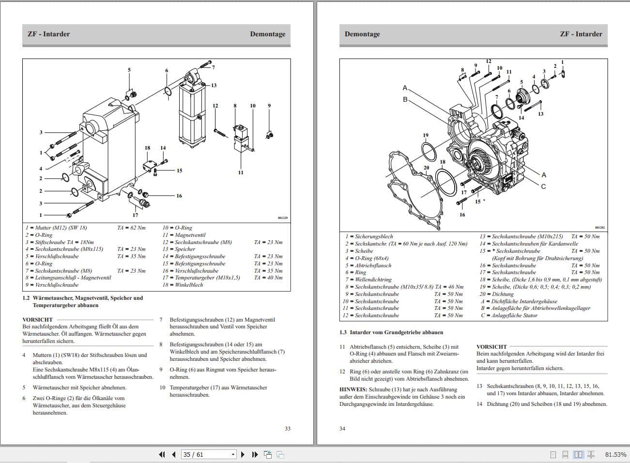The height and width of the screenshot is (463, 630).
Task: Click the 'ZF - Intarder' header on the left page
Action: pyautogui.click(x=48, y=34)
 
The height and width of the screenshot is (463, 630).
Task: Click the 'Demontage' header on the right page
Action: pyautogui.click(x=362, y=34)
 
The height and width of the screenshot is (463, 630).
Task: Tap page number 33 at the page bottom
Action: pyautogui.click(x=287, y=429)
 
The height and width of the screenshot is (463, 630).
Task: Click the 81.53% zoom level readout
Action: pyautogui.click(x=615, y=455)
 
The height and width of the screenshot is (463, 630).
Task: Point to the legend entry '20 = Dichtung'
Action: pyautogui.click(x=496, y=294)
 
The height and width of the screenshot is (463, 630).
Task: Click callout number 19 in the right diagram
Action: pyautogui.click(x=425, y=136)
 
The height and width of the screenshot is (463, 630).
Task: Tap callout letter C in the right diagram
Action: pyautogui.click(x=543, y=186)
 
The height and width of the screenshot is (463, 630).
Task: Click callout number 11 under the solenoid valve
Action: pyautogui.click(x=241, y=172)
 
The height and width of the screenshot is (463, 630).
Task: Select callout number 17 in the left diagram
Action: pyautogui.click(x=135, y=215)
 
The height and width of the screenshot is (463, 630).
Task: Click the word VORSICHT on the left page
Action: pyautogui.click(x=37, y=320)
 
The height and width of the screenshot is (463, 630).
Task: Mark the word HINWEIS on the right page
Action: pyautogui.click(x=353, y=389)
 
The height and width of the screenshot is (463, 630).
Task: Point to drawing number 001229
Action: pyautogui.click(x=282, y=218)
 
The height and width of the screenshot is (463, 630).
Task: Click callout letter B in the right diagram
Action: pyautogui.click(x=405, y=99)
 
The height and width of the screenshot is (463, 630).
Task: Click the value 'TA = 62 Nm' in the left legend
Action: pyautogui.click(x=131, y=228)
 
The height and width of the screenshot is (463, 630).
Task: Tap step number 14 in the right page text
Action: pyautogui.click(x=479, y=404)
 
